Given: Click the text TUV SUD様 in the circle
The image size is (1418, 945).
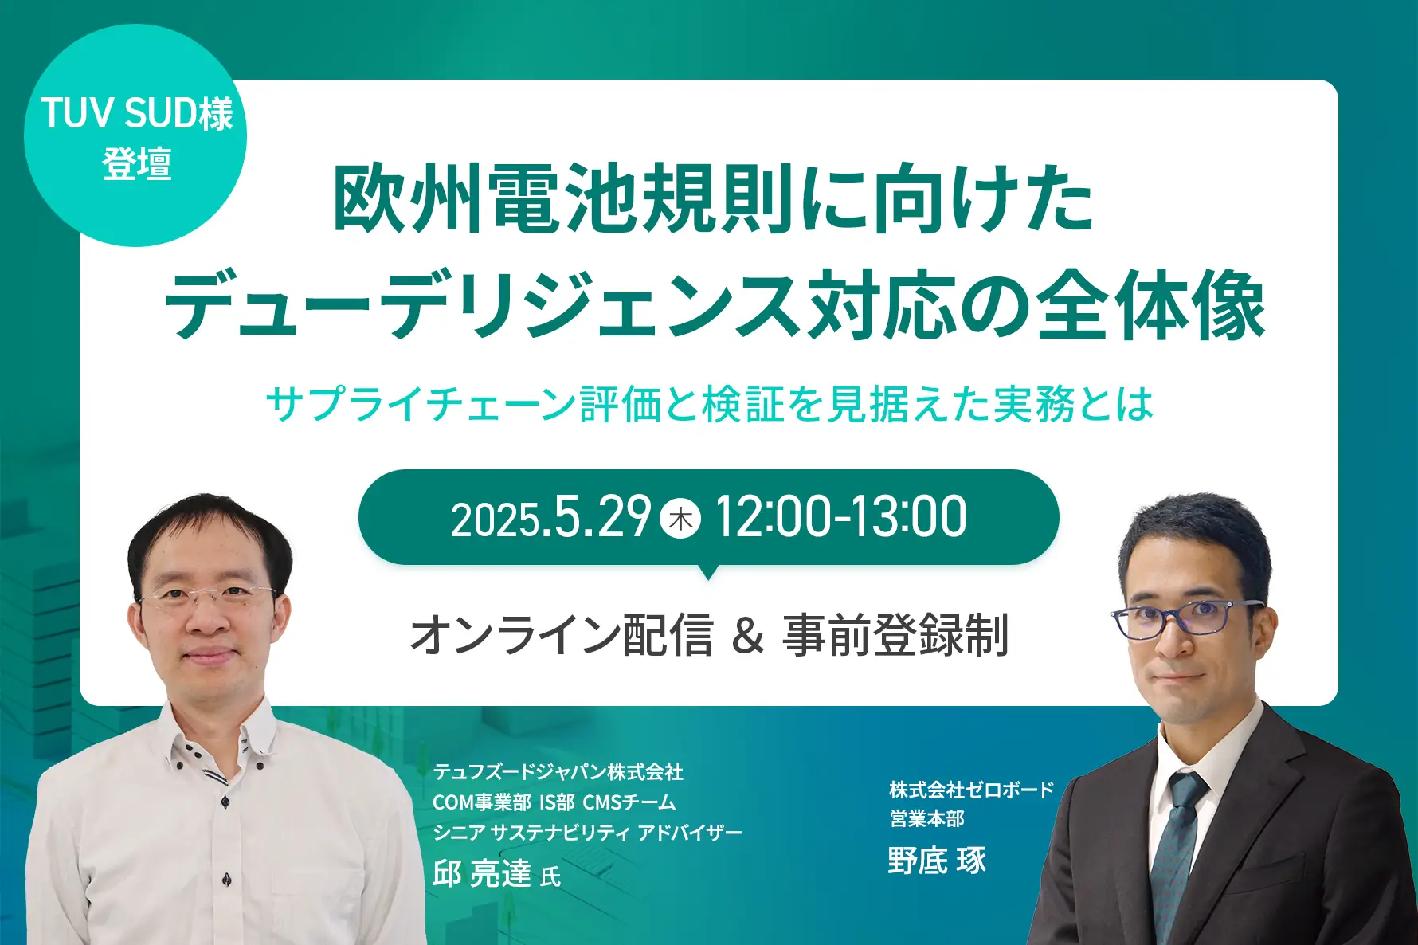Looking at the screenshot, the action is [136, 113].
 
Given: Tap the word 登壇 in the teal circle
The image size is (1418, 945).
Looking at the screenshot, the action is [137, 164].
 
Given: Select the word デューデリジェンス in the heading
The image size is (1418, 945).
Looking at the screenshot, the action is [482, 305].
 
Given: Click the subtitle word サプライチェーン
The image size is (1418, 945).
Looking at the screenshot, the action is [421, 404].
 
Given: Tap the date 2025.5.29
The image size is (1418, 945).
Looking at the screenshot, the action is [551, 517].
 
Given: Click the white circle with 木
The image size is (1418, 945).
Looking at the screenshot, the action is [680, 519].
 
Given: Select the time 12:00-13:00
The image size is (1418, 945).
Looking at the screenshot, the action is [841, 517].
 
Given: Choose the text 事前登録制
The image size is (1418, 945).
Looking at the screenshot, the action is [895, 635].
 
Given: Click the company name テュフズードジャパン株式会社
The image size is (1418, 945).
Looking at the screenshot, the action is [558, 771].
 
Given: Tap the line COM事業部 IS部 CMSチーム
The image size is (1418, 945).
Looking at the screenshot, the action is [554, 802].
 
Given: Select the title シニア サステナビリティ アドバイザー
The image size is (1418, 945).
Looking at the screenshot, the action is [587, 833].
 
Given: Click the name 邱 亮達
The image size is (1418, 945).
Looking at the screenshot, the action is [482, 873].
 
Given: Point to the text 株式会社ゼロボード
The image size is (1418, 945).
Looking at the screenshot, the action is [972, 790].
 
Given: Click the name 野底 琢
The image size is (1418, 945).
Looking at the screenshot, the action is [937, 861].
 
